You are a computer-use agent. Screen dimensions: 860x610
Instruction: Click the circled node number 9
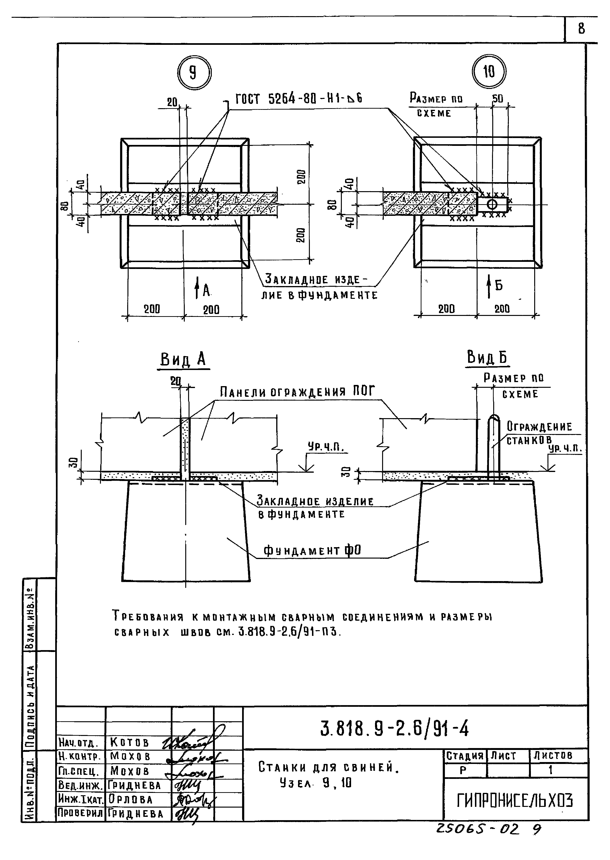pos(194,73)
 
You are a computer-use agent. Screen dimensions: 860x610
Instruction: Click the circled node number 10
pos(489,71)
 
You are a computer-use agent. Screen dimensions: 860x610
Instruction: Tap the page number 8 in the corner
pos(581,28)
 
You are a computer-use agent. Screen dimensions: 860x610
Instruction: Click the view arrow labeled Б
pos(489,286)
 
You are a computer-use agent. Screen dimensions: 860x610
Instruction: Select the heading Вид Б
pos(487,357)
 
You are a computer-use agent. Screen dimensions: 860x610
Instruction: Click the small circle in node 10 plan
pos(492,205)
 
